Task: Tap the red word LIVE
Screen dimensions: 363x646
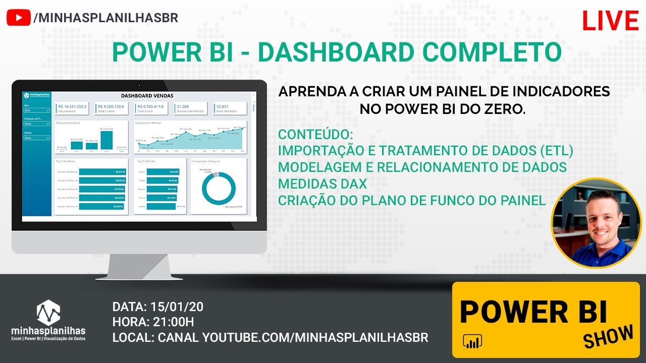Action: click(x=610, y=21)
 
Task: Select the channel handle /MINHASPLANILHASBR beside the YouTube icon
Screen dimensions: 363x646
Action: click(x=105, y=18)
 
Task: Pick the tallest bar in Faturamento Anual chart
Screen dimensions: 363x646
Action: click(x=106, y=140)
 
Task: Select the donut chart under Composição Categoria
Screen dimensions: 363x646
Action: click(x=219, y=190)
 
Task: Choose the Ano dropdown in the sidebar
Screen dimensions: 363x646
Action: click(x=37, y=110)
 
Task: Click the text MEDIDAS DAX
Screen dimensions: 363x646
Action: click(x=322, y=184)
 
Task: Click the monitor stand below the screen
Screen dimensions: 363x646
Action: click(x=139, y=266)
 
